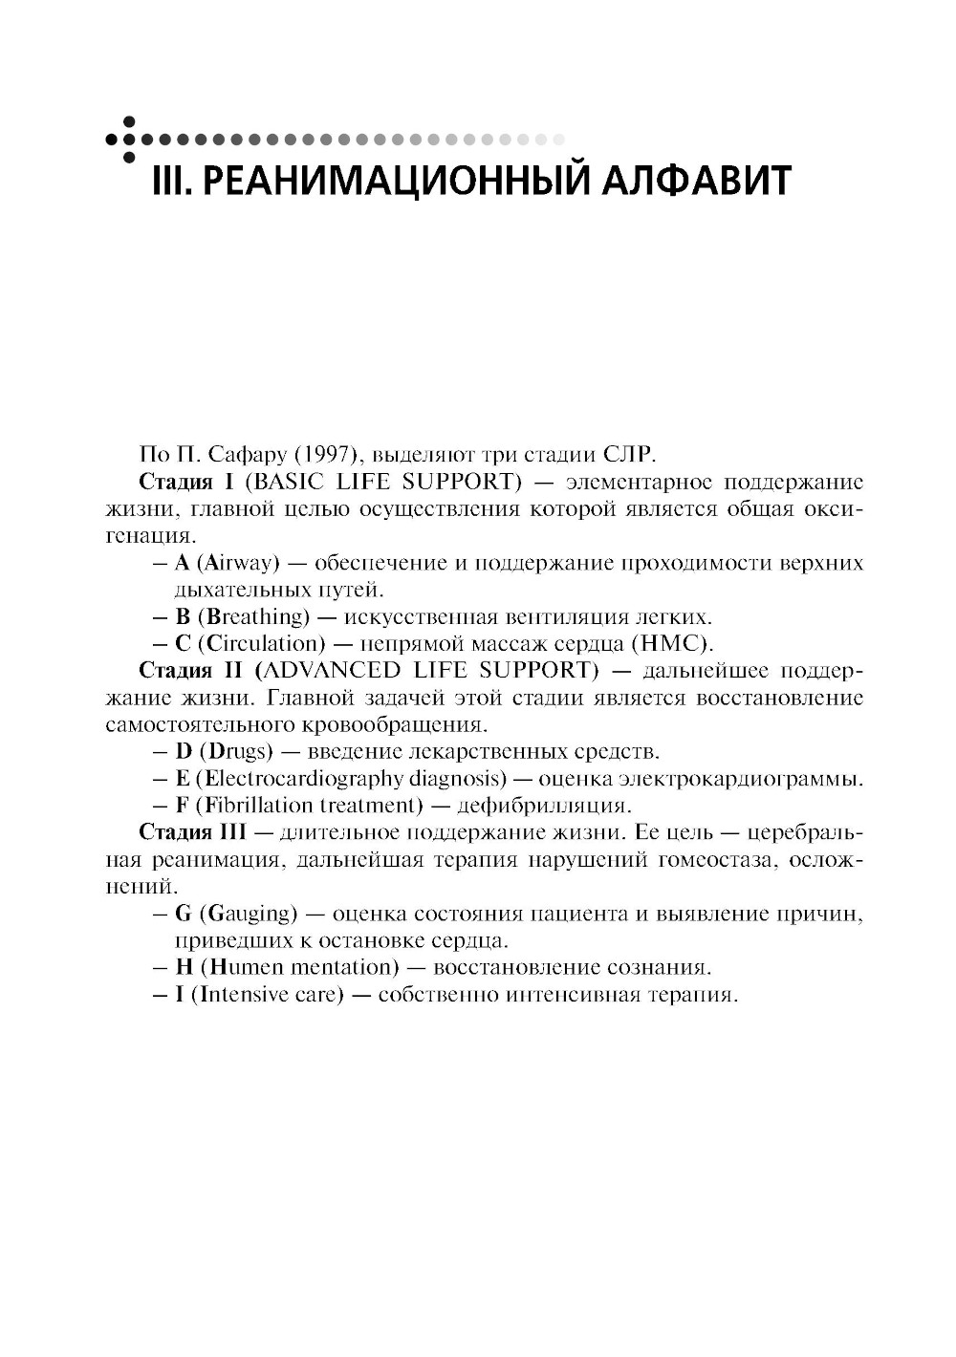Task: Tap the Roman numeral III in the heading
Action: click(171, 180)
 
